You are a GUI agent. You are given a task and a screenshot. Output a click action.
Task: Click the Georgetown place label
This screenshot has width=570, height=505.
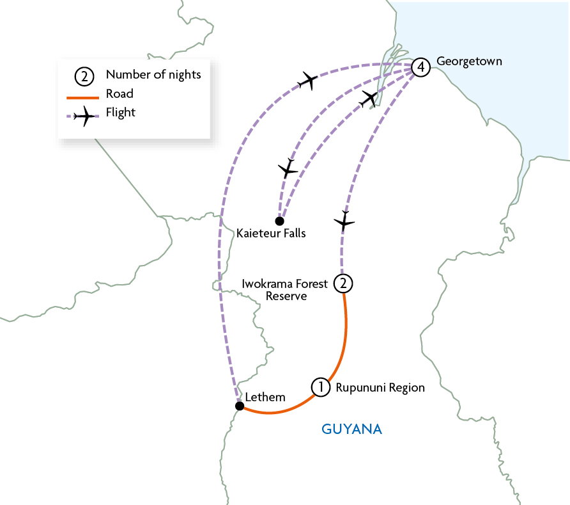[x=469, y=61]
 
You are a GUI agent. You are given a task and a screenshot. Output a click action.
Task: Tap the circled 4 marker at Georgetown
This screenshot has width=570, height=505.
[x=419, y=67]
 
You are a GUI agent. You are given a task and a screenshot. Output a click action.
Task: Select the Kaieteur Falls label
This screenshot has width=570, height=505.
[x=270, y=234]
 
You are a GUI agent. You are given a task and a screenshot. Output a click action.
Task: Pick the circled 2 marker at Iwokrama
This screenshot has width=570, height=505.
[x=343, y=283]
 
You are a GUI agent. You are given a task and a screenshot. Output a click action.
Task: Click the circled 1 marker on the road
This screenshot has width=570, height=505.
[x=320, y=387]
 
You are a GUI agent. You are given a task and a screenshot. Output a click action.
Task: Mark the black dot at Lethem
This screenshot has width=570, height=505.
[x=239, y=406]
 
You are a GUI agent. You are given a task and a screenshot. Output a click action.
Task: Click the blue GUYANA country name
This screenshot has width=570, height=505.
[x=351, y=429]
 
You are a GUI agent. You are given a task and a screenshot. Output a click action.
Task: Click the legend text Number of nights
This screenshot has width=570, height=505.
[x=153, y=75]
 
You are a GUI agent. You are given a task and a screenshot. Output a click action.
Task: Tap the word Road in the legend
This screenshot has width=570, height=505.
[x=119, y=94]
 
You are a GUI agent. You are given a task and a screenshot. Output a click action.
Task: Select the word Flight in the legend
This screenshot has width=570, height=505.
[x=121, y=113]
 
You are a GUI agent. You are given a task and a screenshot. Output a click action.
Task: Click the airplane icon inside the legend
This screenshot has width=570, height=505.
[x=84, y=116]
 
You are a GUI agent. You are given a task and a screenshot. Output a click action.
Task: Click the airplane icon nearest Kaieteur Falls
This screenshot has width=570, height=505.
[x=289, y=169]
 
